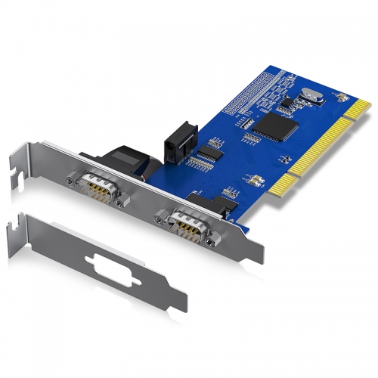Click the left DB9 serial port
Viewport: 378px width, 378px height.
pyautogui.click(x=96, y=185)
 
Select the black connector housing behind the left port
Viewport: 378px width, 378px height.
pyautogui.click(x=129, y=160)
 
